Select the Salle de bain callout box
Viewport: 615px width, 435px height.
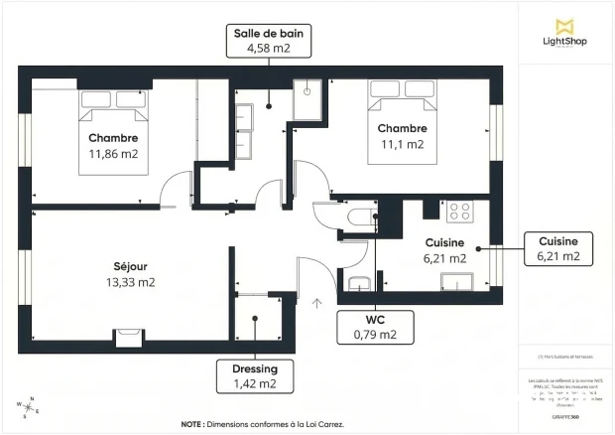point(268,41)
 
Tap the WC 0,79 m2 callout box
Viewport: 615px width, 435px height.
point(375,327)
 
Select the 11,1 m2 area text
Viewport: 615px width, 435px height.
point(402,144)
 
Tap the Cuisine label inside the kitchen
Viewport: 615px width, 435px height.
point(445,242)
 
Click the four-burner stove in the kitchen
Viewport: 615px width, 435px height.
point(459,211)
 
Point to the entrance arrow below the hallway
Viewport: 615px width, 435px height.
point(317,304)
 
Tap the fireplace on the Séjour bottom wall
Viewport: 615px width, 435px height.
point(130,338)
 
